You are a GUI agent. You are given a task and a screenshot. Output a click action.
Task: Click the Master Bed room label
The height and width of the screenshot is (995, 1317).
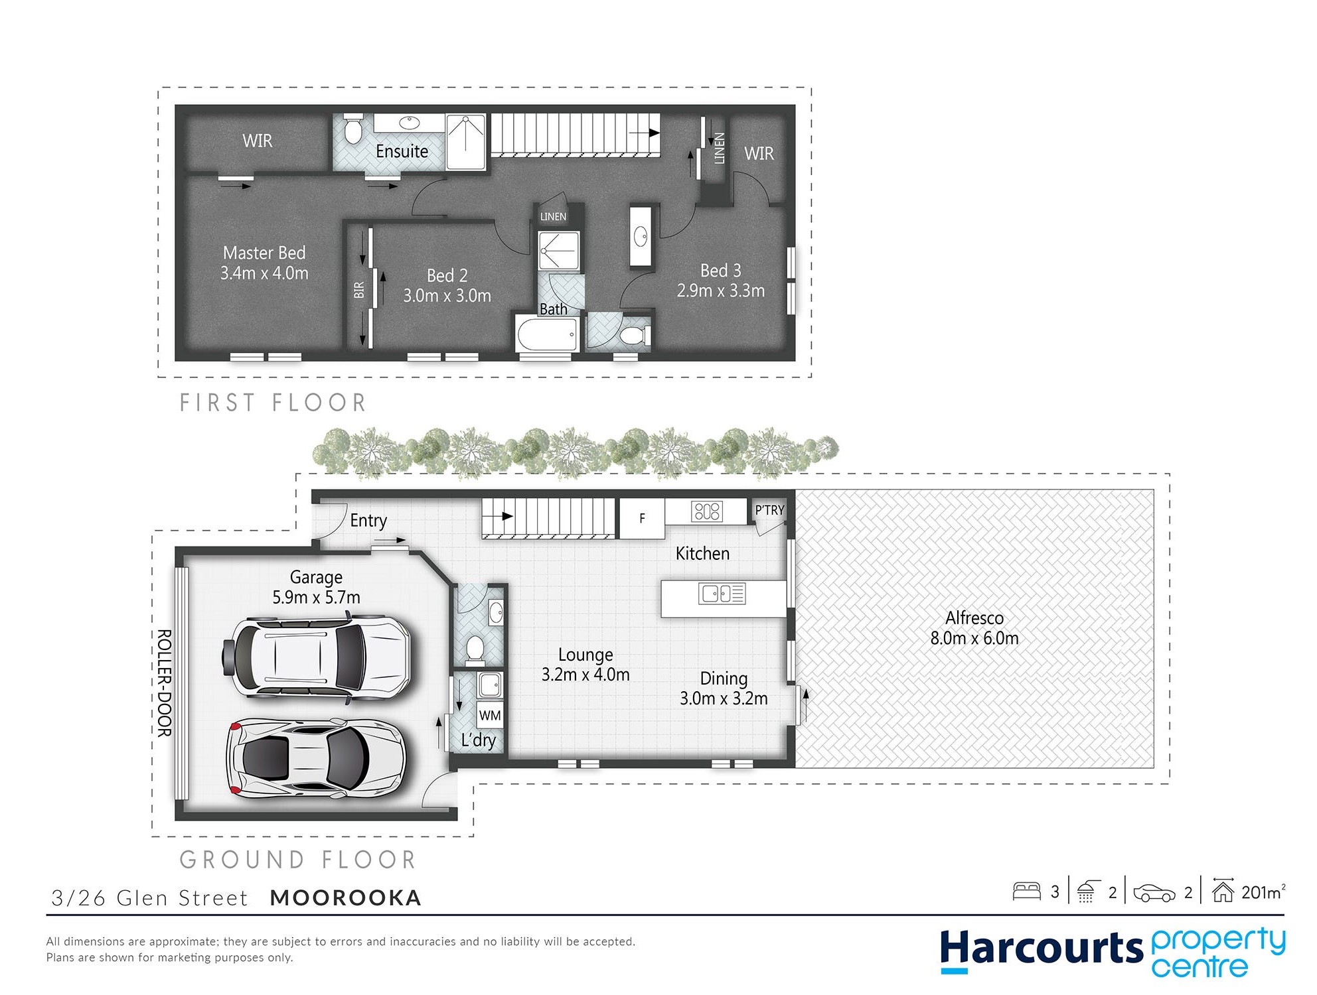(264, 253)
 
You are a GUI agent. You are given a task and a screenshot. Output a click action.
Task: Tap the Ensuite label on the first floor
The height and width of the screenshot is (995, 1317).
(402, 151)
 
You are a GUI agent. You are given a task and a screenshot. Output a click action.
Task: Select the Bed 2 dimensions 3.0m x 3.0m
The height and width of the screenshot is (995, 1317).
(447, 296)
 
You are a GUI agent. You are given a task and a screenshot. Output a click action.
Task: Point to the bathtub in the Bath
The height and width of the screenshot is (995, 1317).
(548, 333)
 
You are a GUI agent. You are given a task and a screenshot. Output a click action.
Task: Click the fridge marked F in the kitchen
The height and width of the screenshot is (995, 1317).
(642, 518)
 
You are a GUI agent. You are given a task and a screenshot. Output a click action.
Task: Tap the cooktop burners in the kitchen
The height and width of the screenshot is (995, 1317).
(706, 511)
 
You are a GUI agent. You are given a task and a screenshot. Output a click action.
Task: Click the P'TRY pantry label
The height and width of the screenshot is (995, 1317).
(769, 510)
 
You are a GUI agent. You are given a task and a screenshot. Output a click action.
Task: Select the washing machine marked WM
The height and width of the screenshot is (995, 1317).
(490, 715)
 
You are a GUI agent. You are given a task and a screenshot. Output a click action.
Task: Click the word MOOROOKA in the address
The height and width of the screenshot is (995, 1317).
(346, 897)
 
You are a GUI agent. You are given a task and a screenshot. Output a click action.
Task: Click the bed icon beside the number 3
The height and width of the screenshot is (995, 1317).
(1026, 892)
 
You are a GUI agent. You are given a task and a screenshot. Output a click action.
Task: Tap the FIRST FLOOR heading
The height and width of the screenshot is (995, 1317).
(273, 403)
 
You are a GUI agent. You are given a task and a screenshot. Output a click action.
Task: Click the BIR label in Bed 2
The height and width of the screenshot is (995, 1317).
(359, 290)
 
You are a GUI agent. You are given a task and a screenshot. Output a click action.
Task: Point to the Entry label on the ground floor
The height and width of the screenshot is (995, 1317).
(368, 521)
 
